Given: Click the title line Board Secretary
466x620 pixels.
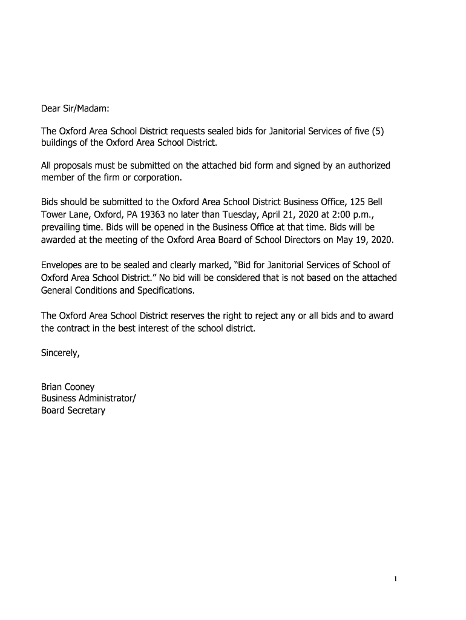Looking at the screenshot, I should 73,410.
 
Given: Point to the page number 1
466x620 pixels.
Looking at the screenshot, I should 395,579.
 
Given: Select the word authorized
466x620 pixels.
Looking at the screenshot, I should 366,165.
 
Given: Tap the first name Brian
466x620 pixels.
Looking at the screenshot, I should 51,387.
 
